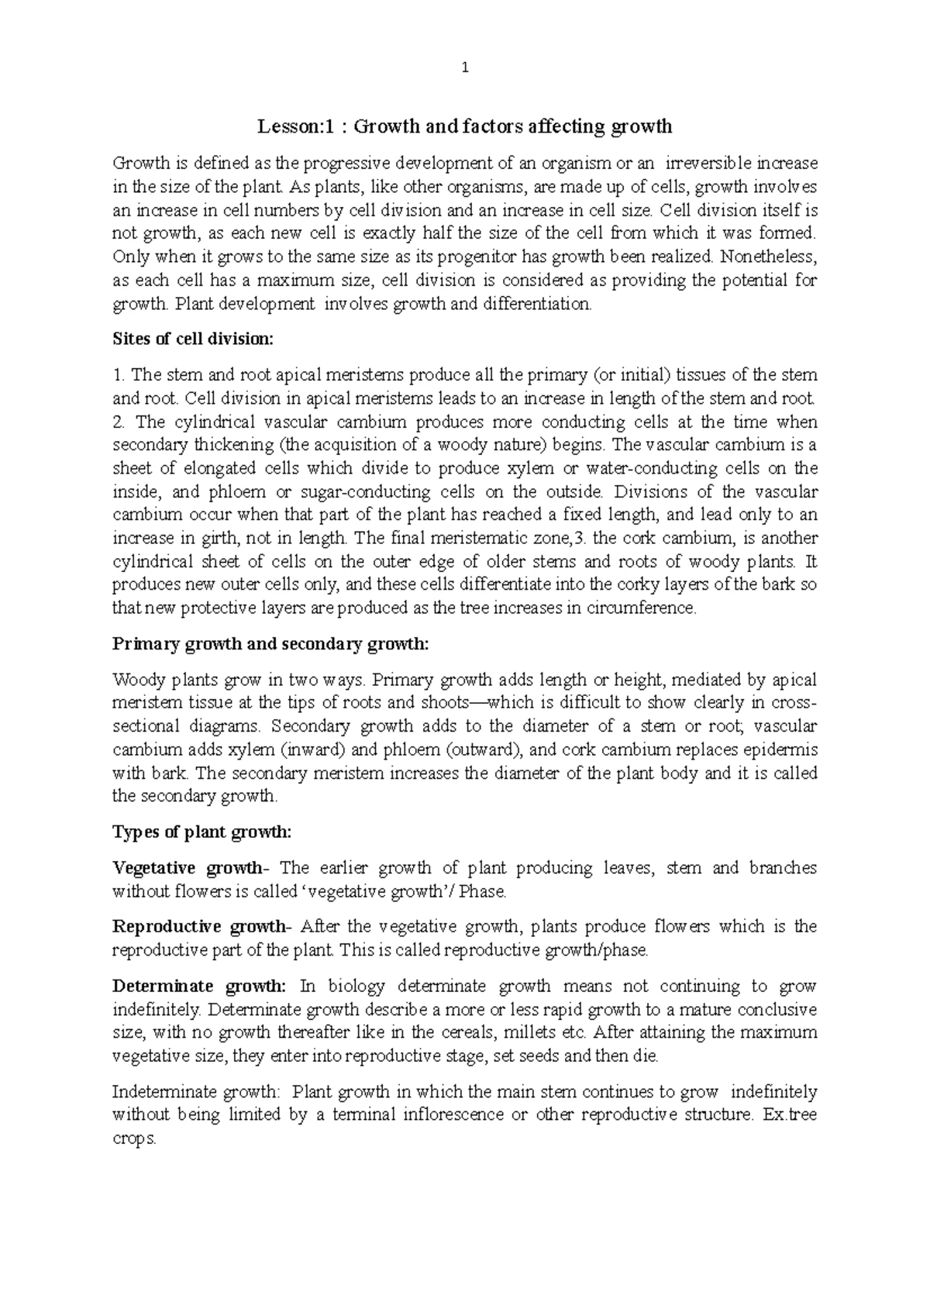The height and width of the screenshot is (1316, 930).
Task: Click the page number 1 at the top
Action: (x=465, y=67)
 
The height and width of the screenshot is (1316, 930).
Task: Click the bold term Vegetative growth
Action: (x=188, y=868)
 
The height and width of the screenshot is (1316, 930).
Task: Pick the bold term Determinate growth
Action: (x=199, y=987)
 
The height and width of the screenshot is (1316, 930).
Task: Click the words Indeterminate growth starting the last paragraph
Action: (x=195, y=1093)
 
